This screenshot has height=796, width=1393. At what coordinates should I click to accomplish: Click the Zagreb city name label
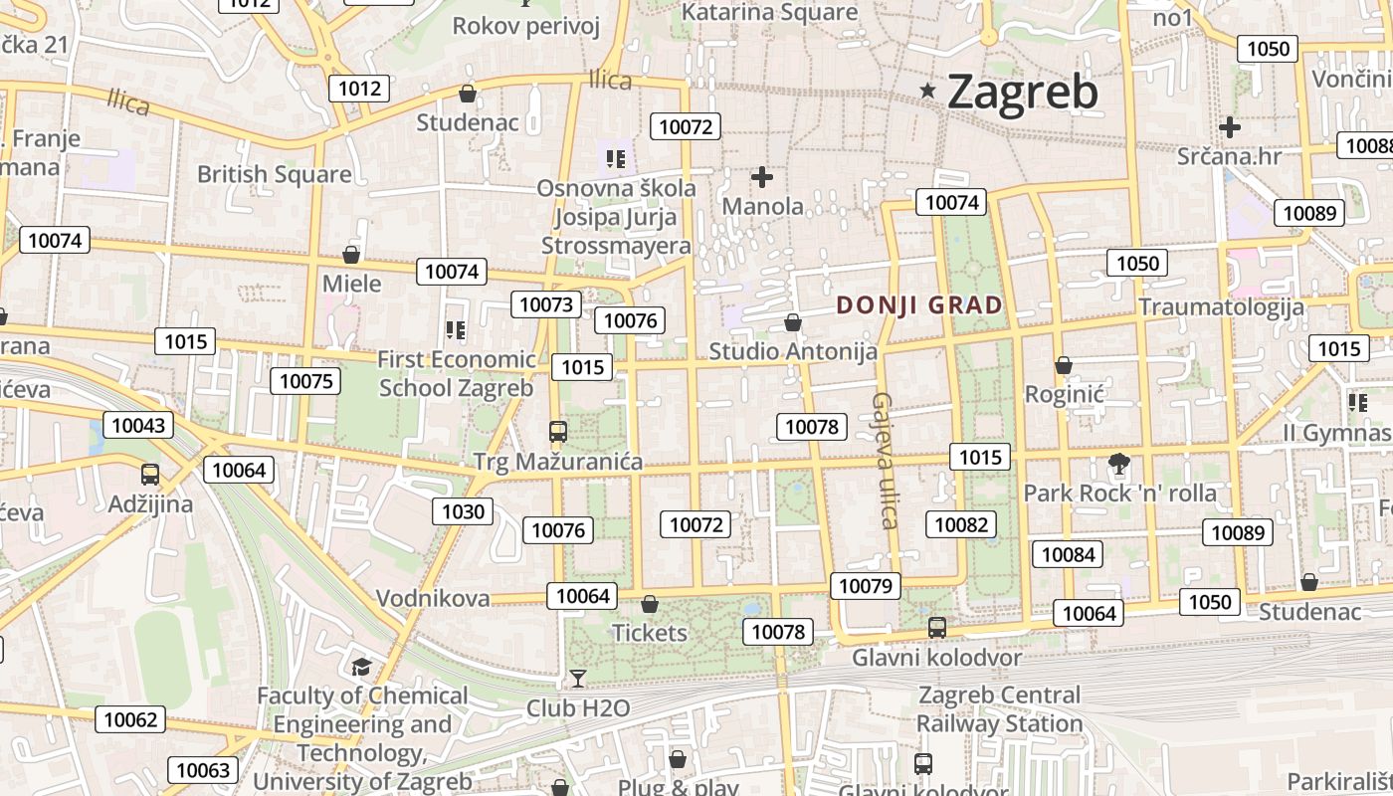(1023, 92)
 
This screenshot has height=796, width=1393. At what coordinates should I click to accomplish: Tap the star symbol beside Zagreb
(928, 92)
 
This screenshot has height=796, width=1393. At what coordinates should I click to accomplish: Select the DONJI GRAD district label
(918, 305)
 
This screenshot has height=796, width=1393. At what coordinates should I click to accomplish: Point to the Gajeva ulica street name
(884, 460)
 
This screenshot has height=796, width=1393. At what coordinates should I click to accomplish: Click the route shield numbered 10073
(546, 304)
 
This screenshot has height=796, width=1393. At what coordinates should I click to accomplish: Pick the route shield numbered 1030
(463, 511)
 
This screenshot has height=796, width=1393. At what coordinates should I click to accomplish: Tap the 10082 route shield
(961, 524)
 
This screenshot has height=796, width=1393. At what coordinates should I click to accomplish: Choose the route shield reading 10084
(1070, 554)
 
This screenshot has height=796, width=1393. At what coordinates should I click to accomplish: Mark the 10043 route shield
(138, 425)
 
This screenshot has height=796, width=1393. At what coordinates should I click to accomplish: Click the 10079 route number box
(866, 586)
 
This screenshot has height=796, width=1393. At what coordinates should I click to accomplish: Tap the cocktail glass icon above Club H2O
(578, 679)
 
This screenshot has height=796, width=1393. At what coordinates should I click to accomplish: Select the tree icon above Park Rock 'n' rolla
(1119, 463)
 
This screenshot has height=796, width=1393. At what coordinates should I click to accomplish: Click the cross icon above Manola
(762, 177)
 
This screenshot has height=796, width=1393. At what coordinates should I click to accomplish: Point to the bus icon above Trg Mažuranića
(558, 432)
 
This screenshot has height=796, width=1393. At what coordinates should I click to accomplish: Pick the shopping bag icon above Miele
(350, 255)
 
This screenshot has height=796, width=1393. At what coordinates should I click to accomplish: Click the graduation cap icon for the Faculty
(360, 667)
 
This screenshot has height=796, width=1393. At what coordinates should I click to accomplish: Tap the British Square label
(274, 174)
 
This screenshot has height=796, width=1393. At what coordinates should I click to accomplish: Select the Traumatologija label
(1221, 306)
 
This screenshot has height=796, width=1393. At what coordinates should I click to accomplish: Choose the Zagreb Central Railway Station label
(999, 708)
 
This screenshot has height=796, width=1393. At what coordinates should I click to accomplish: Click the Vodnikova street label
(433, 598)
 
